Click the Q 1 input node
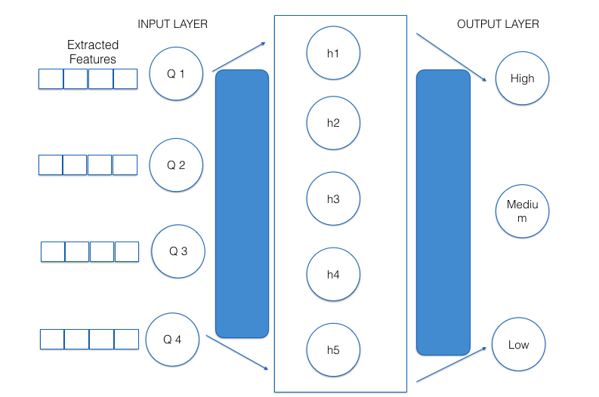(177, 74)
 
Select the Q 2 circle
(176, 165)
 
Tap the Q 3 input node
(178, 251)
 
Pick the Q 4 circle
(173, 339)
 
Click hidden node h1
(333, 53)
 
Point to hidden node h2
(333, 123)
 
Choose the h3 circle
(333, 198)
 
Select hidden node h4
(333, 275)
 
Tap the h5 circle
(333, 350)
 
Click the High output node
(522, 78)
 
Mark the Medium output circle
(522, 211)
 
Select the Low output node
(518, 345)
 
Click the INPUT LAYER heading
(172, 24)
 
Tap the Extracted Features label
(92, 52)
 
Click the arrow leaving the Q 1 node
(239, 57)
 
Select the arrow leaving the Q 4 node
(236, 353)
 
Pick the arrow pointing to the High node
(451, 57)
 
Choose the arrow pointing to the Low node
(451, 364)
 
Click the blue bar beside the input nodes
(242, 204)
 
